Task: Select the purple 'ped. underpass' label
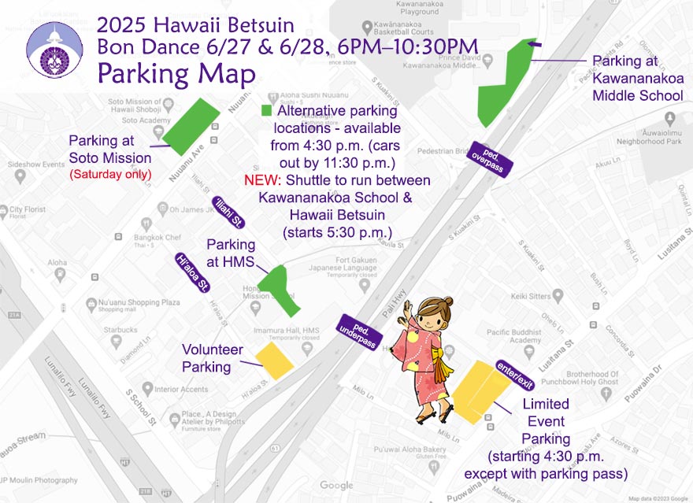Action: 360,331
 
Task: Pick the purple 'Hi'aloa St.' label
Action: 192,272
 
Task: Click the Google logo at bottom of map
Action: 337,485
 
